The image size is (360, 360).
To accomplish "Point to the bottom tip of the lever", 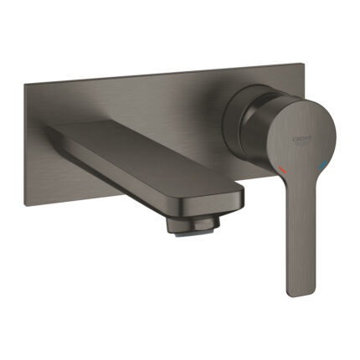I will pyautogui.click(x=298, y=294).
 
